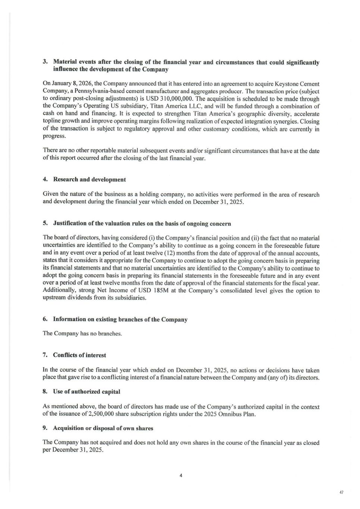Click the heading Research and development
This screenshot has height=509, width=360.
[89, 179]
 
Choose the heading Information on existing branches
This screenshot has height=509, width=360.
[120, 320]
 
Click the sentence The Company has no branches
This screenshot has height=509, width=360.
[82, 333]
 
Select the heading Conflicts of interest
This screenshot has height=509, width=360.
[79, 355]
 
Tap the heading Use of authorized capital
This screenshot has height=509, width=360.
[86, 392]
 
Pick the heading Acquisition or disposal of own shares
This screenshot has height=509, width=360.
[103, 428]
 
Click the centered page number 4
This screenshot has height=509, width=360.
[181, 475]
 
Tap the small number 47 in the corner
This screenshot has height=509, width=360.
[341, 493]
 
